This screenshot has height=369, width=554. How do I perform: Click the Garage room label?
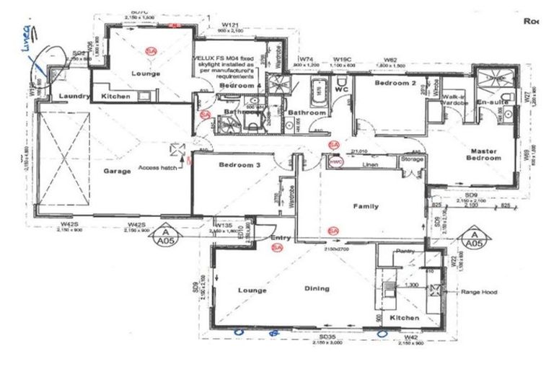(x=116, y=171)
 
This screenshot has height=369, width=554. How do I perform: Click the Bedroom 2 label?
(x=375, y=83)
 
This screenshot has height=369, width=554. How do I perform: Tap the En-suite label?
(x=493, y=103)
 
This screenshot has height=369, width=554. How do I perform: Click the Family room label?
(x=366, y=206)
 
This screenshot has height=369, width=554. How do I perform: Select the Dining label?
(x=317, y=289)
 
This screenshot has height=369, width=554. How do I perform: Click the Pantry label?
(x=406, y=252)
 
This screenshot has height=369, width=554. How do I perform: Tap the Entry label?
(x=280, y=237)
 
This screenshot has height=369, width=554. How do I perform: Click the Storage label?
(x=412, y=159)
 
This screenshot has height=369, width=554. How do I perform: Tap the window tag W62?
(x=391, y=59)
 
